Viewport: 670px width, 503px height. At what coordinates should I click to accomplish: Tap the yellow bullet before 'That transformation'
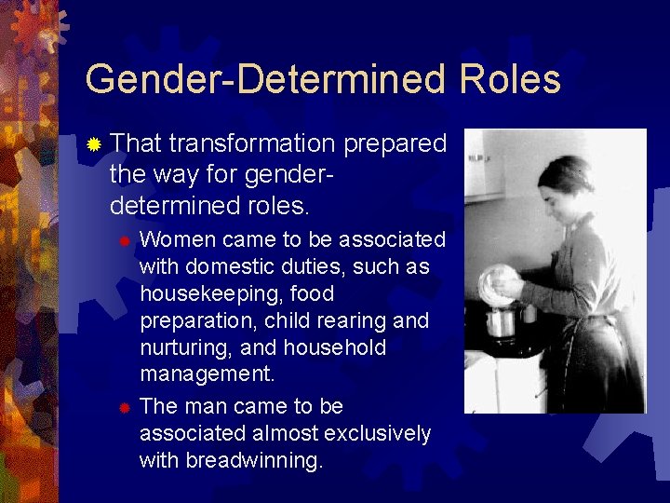pos(94,144)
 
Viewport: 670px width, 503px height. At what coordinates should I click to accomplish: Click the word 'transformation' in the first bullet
pos(252,143)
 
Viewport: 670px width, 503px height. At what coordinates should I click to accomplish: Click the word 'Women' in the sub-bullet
pos(179,239)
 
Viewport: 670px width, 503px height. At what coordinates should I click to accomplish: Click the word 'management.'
pos(208,374)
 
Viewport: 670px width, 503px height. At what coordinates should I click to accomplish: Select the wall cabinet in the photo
pos(484,168)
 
